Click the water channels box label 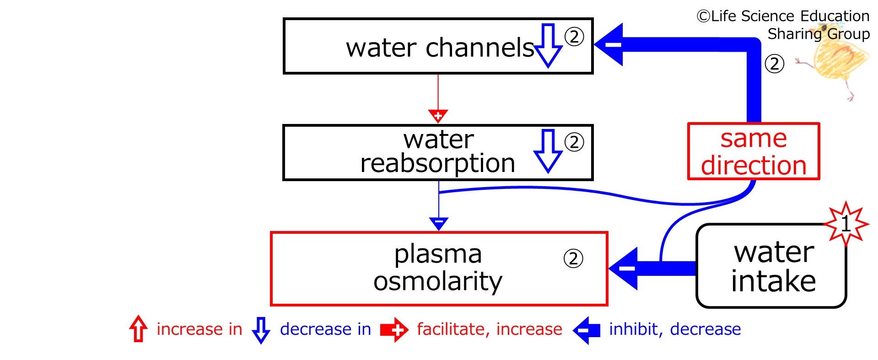click(x=440, y=48)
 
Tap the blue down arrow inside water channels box click(x=549, y=45)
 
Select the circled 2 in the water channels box click(x=574, y=37)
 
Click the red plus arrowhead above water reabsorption click(x=438, y=116)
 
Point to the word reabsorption click(x=437, y=163)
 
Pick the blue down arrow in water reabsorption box click(x=548, y=151)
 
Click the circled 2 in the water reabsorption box click(x=574, y=142)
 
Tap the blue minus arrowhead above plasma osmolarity click(x=438, y=224)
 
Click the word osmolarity click(x=438, y=281)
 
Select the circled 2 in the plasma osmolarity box click(x=573, y=259)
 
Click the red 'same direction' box click(x=754, y=151)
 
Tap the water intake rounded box click(x=771, y=266)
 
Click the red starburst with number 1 click(x=846, y=224)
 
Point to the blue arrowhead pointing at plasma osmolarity click(x=624, y=269)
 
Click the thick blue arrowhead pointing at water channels click(x=609, y=44)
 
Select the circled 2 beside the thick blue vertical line click(x=775, y=64)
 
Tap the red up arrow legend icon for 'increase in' click(x=138, y=328)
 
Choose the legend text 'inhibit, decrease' click(x=675, y=329)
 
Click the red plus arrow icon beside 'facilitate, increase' click(x=394, y=330)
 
